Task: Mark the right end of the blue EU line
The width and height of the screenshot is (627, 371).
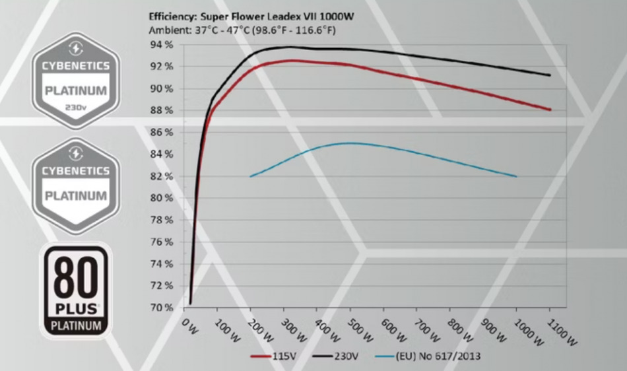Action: (x=515, y=176)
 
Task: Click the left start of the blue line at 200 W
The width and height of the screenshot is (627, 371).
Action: (x=251, y=176)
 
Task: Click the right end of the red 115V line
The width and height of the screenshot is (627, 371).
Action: (x=550, y=110)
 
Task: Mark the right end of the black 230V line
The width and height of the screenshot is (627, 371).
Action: (x=550, y=75)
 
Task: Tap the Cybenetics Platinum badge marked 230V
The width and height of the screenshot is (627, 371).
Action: (x=76, y=81)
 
